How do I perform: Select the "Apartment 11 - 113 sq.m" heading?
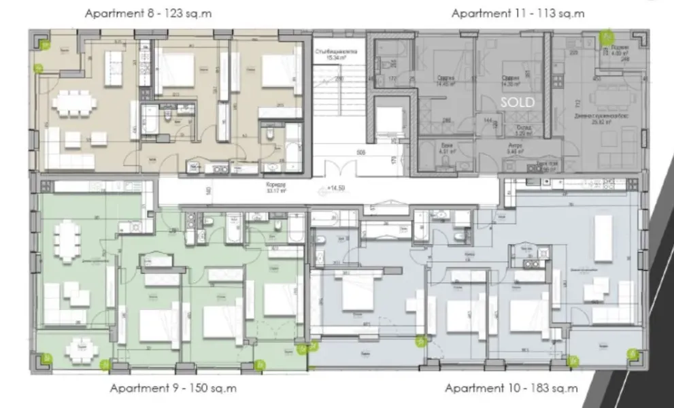pos(518,13)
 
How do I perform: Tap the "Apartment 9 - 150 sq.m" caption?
pos(173,389)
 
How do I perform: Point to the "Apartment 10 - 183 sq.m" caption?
pos(511,389)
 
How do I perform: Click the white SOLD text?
pos(518,101)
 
